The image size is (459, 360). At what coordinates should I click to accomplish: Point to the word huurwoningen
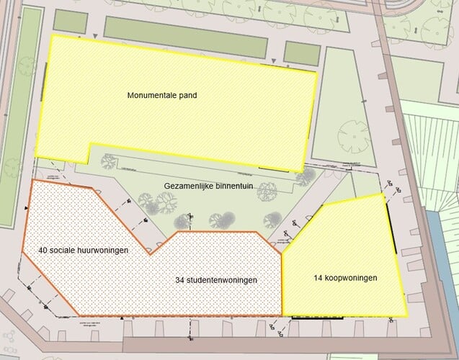pyautogui.click(x=98, y=251)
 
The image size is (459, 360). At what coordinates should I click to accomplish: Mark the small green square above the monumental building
pyautogui.click(x=301, y=52)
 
